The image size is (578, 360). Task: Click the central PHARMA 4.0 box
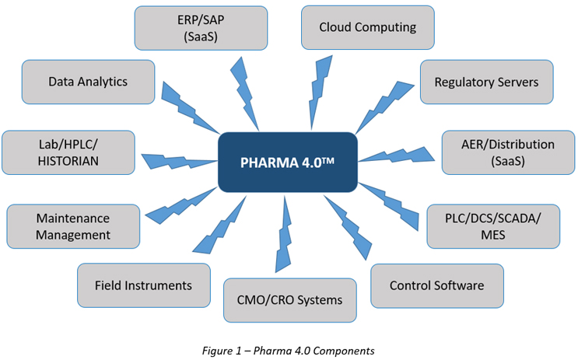tap(287, 162)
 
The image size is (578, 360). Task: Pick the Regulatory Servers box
tap(486, 82)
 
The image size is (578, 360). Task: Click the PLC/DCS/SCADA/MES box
tap(493, 225)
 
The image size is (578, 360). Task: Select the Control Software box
tap(436, 285)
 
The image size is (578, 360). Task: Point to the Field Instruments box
tap(144, 285)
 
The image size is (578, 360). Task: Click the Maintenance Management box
tap(73, 226)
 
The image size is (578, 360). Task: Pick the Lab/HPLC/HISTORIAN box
tap(68, 153)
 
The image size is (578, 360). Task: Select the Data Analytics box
tap(87, 82)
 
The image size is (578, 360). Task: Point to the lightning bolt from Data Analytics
tap(187, 106)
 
